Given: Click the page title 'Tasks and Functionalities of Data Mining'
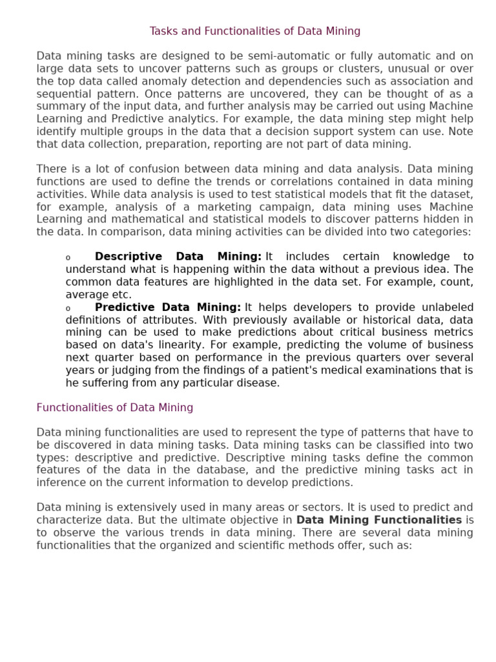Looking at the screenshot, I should [x=255, y=31].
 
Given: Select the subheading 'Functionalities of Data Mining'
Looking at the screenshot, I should [x=115, y=408].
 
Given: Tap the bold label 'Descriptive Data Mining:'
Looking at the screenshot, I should [x=178, y=257].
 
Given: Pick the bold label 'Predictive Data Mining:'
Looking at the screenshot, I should [x=168, y=307].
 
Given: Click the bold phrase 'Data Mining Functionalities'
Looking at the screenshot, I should [x=379, y=520].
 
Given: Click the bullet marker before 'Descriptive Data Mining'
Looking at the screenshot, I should [x=68, y=258].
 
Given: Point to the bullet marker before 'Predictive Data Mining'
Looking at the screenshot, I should [x=68, y=308].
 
